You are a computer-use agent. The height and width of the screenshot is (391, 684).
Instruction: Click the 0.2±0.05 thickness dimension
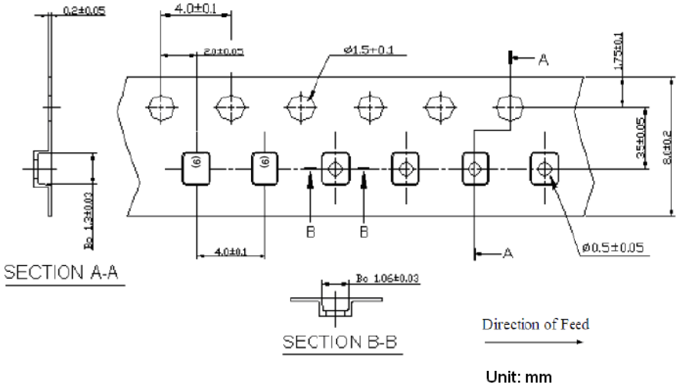pos(83,10)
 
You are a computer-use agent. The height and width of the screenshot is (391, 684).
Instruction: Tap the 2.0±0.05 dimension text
pos(223,51)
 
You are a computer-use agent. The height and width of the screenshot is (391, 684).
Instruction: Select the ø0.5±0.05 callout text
pos(612,248)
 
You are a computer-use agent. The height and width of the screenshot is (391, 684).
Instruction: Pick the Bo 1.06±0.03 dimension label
pos(387,279)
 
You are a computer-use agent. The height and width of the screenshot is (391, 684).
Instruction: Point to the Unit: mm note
pos(519,377)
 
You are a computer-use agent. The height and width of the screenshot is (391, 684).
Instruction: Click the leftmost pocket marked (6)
pos(196,168)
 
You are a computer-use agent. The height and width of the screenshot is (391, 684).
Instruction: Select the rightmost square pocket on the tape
pos(543,168)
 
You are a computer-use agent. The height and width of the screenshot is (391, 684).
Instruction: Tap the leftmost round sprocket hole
pos(161,107)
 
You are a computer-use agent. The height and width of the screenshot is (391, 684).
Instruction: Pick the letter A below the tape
pos(507,252)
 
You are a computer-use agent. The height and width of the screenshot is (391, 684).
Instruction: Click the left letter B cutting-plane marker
pos(310,232)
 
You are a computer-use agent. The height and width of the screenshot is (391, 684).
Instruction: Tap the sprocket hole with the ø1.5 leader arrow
pos(301,107)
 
